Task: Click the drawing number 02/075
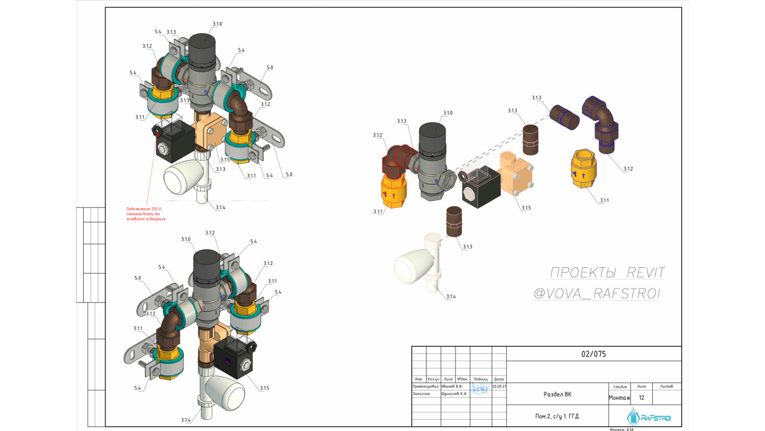pos(593,354)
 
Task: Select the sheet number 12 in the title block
pos(641,397)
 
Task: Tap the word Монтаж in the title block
pos(619,397)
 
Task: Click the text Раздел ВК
pos(557,394)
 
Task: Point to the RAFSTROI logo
pos(649,417)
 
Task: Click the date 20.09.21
pos(499,386)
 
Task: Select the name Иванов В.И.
pos(452,386)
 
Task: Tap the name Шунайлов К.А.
pos(454,394)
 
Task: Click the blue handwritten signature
pos(480,389)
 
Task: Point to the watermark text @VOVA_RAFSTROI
pos(596,293)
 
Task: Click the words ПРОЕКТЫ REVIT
pos(607,272)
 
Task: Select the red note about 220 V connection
pos(146,214)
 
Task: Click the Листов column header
pos(666,386)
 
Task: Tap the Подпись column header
pos(481,379)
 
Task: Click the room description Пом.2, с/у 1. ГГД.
pos(557,416)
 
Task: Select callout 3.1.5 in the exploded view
pos(526,208)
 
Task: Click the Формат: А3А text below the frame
pos(622,429)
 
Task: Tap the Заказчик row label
pos(421,394)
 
